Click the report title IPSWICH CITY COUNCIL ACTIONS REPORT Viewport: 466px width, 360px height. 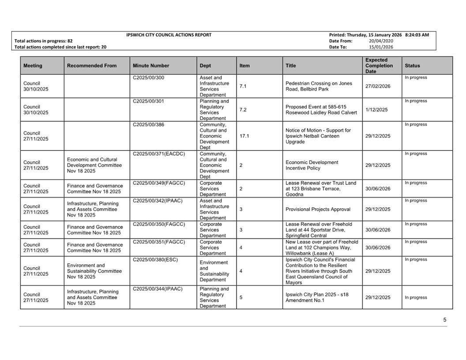[169, 35]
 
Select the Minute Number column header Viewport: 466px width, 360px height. [150, 66]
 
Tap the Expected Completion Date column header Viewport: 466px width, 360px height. [379, 66]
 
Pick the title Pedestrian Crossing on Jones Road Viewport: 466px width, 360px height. [319, 86]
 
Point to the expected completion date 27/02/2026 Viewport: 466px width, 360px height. [378, 86]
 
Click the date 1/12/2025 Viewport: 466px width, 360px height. [376, 109]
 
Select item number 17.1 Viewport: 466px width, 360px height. [244, 136]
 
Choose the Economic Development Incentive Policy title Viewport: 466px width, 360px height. [312, 165]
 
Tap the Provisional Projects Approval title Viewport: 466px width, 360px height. [318, 209]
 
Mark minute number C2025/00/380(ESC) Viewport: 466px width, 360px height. [155, 259]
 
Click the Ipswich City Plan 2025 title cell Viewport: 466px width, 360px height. [317, 297]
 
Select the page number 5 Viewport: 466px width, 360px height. [445, 320]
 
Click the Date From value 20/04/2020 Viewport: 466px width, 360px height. [381, 41]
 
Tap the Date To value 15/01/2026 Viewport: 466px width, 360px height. [381, 47]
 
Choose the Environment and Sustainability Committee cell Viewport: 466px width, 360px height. [94, 271]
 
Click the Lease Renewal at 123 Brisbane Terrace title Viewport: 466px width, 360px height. [320, 188]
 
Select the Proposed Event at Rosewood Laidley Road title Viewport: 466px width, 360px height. [321, 109]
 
